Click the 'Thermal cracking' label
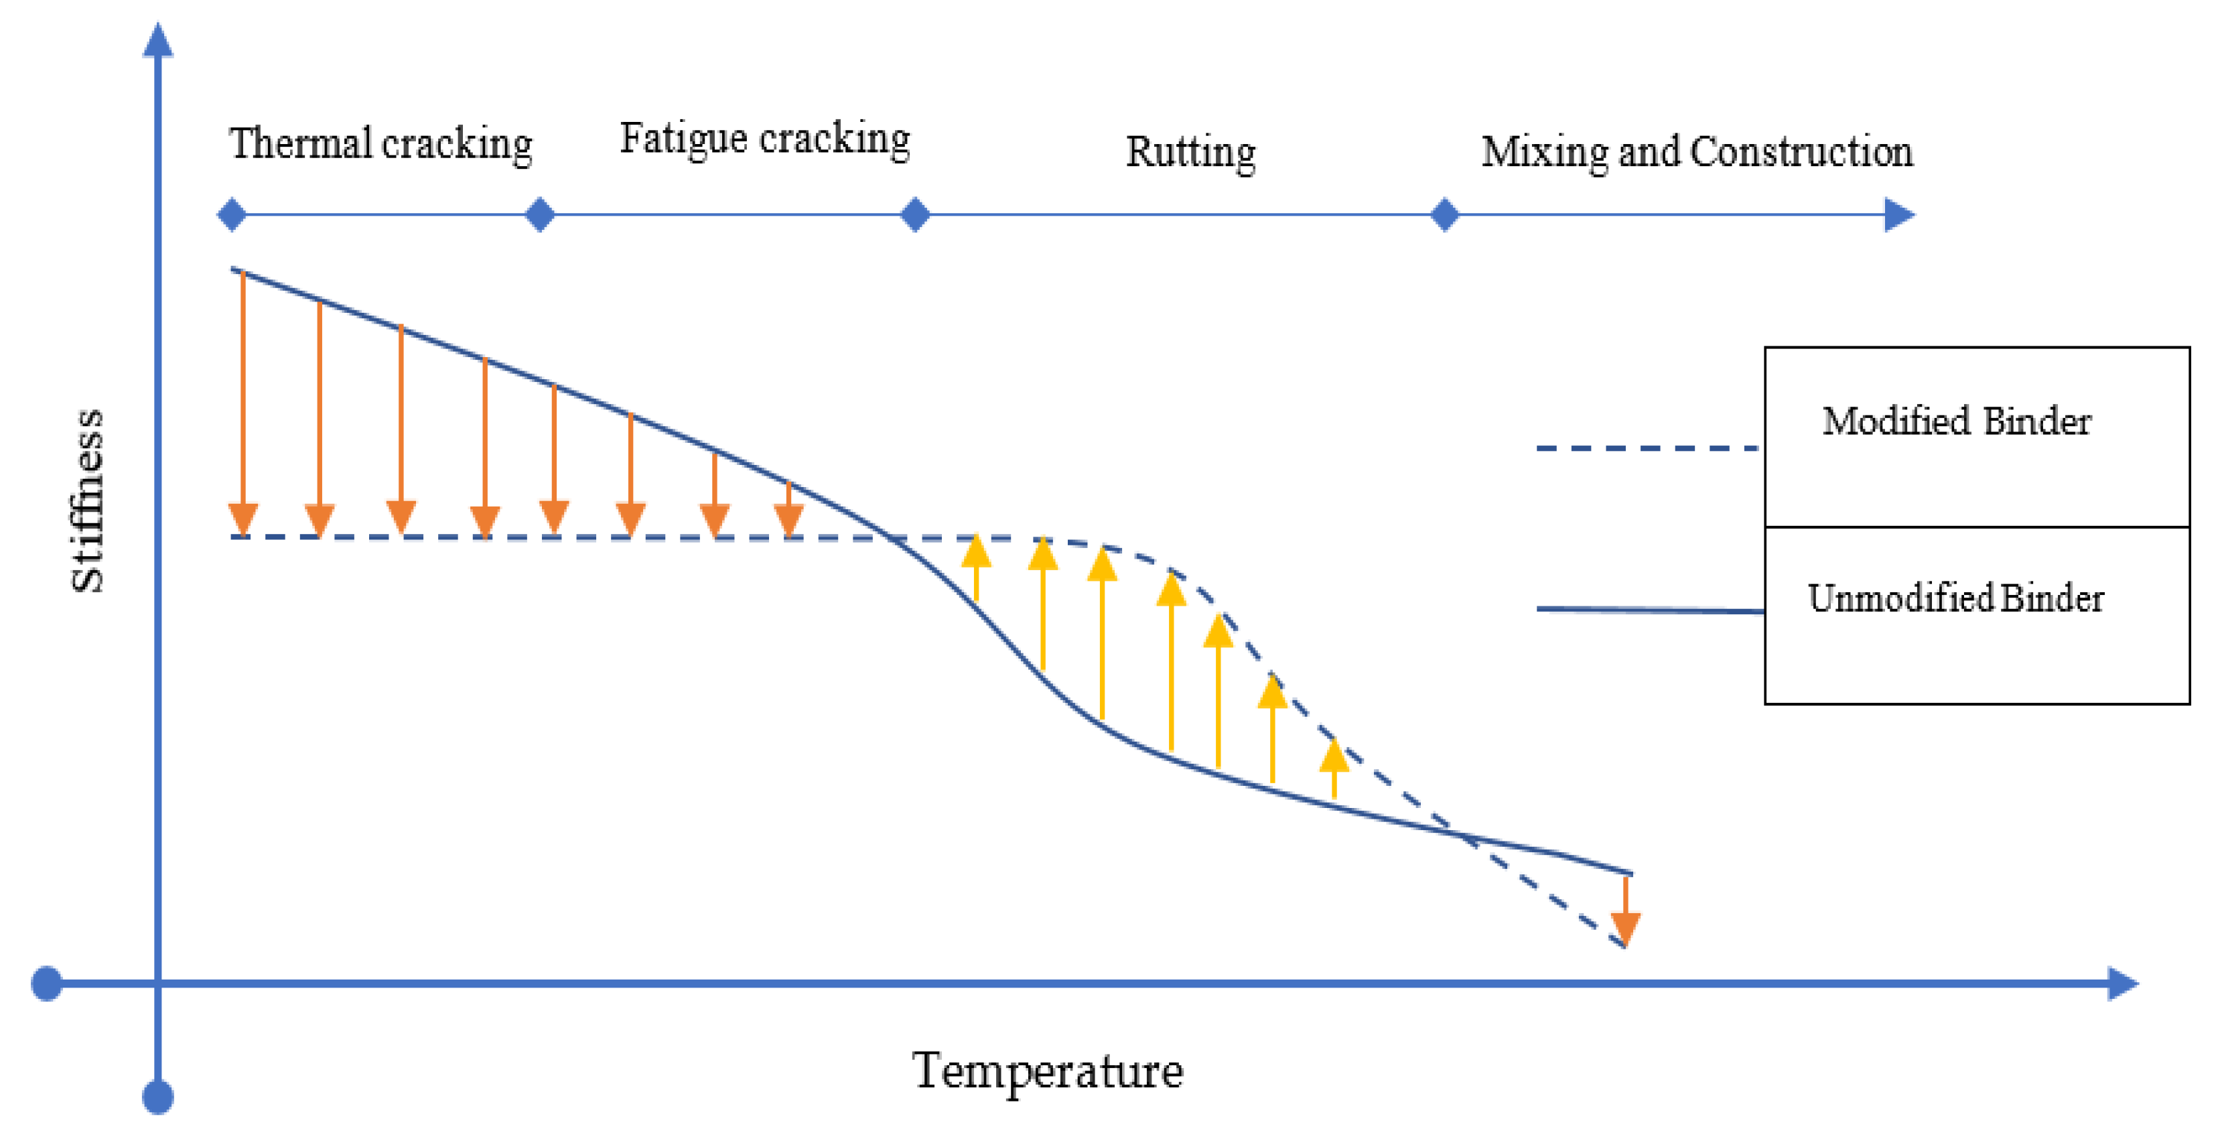click(380, 143)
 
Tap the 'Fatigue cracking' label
click(764, 138)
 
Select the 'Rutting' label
click(1190, 152)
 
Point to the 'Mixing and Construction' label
click(1697, 152)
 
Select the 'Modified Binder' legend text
click(1956, 421)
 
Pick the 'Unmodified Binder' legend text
click(1955, 598)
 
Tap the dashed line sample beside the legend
click(1647, 448)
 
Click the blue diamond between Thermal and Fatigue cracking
click(540, 214)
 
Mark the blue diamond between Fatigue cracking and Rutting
click(915, 214)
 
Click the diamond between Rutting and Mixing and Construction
click(1444, 214)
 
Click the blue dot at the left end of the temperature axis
click(47, 983)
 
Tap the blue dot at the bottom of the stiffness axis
click(158, 1097)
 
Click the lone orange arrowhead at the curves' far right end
click(1626, 928)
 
